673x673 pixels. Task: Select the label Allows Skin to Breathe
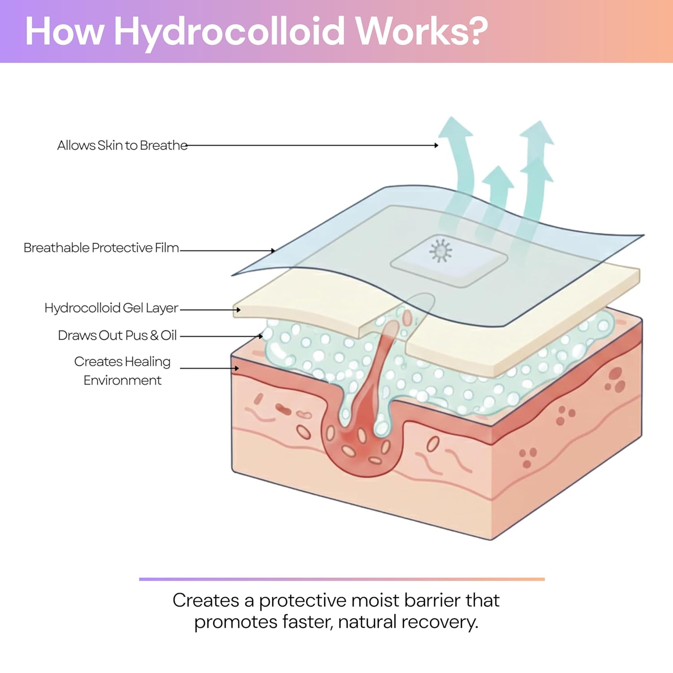(x=122, y=145)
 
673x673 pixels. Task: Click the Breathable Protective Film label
(x=101, y=248)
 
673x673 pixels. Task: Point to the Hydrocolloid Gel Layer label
(x=111, y=308)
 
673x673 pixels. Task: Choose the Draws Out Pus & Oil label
(x=118, y=336)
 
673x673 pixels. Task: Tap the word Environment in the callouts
(x=122, y=380)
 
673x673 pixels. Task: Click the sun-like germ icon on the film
(x=441, y=250)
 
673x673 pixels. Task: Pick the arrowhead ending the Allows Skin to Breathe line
(x=436, y=145)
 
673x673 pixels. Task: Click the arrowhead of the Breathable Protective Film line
(x=273, y=251)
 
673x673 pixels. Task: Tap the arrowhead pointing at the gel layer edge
(x=238, y=310)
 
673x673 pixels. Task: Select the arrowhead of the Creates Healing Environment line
(x=236, y=368)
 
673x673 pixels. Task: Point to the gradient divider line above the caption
(x=342, y=579)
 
